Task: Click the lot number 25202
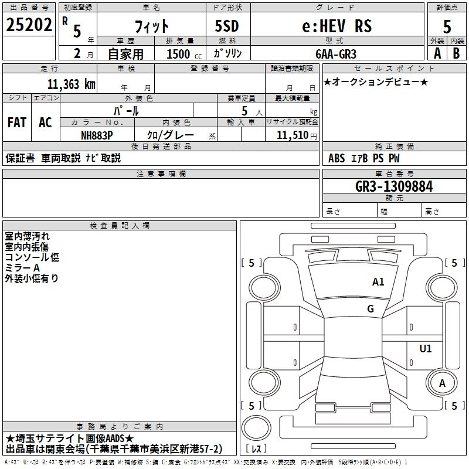click(x=28, y=25)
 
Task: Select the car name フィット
click(x=152, y=26)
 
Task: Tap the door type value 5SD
click(x=227, y=26)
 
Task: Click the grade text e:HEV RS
click(x=336, y=26)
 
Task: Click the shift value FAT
click(x=16, y=122)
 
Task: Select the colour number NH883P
click(x=97, y=135)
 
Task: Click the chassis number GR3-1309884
click(x=394, y=186)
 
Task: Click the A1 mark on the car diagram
click(x=378, y=282)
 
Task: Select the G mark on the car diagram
click(x=371, y=309)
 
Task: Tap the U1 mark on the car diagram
click(x=426, y=349)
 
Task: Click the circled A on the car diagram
click(x=443, y=383)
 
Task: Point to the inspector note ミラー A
click(x=23, y=267)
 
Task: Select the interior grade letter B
click(x=456, y=53)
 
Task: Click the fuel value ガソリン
click(x=227, y=53)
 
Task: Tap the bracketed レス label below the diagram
click(x=257, y=449)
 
